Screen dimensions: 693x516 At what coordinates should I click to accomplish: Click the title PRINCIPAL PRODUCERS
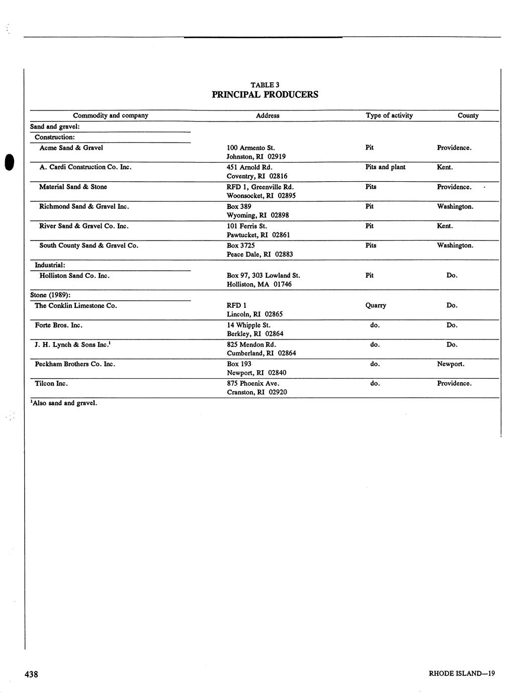tap(265, 94)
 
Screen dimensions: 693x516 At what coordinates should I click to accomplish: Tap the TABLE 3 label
tap(265, 85)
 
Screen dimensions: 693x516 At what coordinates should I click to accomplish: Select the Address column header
tap(268, 115)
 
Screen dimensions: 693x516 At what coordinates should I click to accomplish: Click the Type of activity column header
tap(389, 115)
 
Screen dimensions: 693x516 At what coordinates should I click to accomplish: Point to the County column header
tap(468, 115)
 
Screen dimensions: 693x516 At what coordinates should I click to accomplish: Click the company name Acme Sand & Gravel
tap(71, 148)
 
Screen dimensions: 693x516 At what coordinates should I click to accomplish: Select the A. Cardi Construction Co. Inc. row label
tap(85, 167)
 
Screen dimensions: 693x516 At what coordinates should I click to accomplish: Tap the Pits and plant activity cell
tap(385, 167)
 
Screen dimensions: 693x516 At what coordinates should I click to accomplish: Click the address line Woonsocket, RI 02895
tap(261, 196)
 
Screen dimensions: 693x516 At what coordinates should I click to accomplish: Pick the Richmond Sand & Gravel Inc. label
tap(84, 206)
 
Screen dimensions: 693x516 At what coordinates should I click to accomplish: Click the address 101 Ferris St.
tap(246, 226)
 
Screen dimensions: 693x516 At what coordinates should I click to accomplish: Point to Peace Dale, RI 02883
tap(260, 255)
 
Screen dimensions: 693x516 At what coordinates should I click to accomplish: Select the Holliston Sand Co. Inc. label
tap(74, 276)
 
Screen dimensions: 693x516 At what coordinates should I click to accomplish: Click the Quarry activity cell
tap(375, 305)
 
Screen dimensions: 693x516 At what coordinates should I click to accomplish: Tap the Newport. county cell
tap(451, 364)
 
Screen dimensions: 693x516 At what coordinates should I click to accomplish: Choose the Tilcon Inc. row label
tap(51, 384)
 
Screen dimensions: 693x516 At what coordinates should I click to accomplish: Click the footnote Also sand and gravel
tap(63, 403)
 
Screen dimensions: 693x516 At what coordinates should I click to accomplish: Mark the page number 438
tap(31, 674)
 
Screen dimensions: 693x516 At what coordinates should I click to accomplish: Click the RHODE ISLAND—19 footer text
tap(462, 674)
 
